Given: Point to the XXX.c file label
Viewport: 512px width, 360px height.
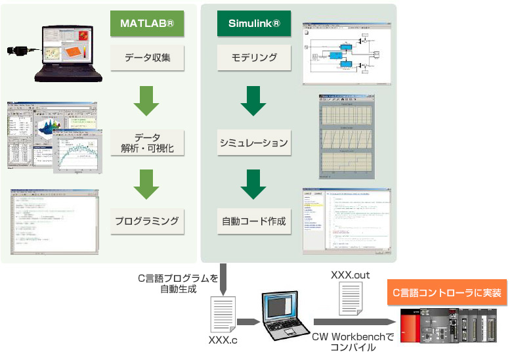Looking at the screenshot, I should pos(223,340).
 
